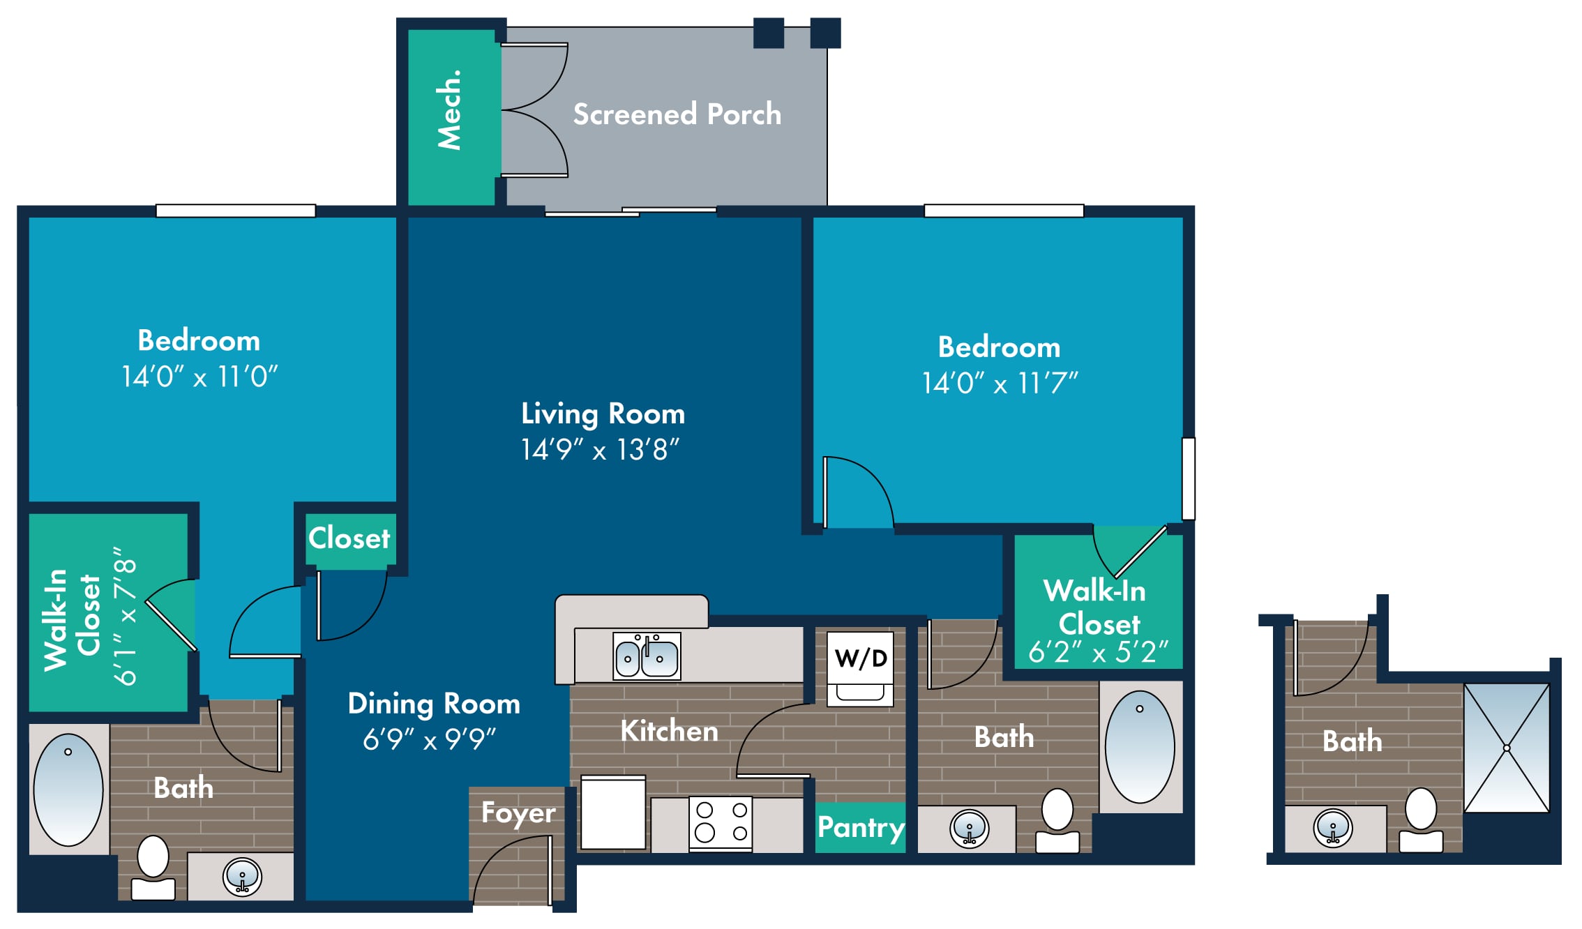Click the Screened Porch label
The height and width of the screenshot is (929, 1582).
tap(677, 114)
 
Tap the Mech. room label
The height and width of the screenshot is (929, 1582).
tap(449, 109)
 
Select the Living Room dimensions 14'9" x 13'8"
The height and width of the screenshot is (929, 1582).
tap(600, 450)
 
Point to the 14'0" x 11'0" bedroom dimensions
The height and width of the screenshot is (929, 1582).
tap(199, 377)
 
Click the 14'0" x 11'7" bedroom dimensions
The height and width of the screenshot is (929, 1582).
tap(1000, 383)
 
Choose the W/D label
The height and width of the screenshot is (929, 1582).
tap(861, 658)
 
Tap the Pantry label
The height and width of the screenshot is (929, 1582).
tap(861, 828)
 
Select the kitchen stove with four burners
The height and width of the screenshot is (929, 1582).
tap(721, 824)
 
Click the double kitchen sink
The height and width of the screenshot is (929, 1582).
tap(647, 656)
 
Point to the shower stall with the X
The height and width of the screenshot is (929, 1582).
tap(1507, 748)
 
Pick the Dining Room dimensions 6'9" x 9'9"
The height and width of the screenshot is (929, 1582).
tap(429, 739)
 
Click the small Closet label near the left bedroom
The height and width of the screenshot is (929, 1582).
tap(349, 538)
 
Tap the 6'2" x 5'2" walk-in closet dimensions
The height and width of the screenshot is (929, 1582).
tap(1098, 652)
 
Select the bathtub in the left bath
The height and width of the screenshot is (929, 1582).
tap(68, 790)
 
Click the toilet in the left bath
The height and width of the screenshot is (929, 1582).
tap(153, 868)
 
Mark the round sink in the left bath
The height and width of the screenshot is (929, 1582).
tap(242, 877)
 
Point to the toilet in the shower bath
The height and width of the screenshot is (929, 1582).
tap(1421, 820)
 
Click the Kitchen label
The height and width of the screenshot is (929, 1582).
tap(669, 731)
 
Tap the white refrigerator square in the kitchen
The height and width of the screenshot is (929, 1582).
tap(613, 813)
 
